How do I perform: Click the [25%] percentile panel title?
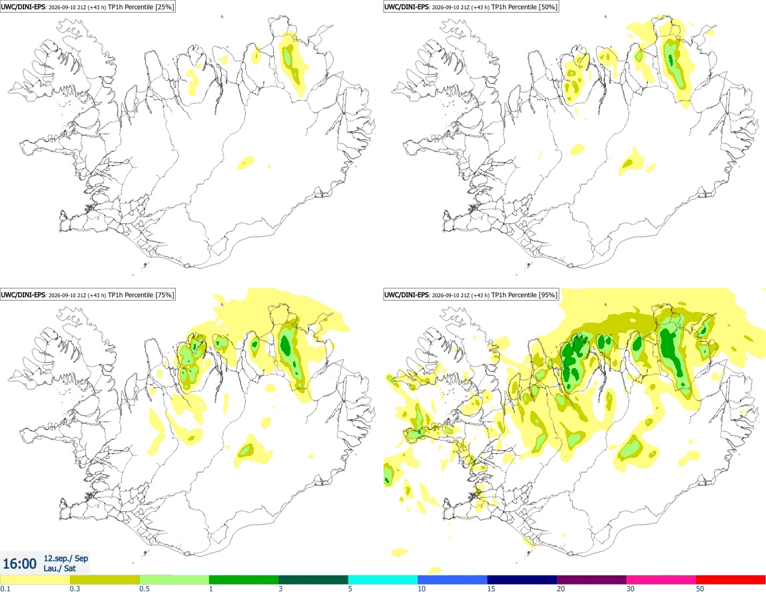[87, 7]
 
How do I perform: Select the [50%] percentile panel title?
[471, 7]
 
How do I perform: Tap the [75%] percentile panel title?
[87, 295]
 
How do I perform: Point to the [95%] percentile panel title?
[471, 295]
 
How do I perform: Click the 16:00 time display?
[19, 564]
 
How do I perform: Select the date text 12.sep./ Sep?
[66, 558]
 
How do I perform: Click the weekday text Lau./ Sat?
[59, 568]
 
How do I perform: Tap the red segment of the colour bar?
[731, 580]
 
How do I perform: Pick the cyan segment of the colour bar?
[383, 580]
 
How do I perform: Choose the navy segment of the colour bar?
[522, 580]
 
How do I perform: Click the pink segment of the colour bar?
[661, 580]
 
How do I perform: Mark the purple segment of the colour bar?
[591, 580]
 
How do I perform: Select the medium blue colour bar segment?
[452, 580]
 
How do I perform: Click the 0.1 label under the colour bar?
[5, 589]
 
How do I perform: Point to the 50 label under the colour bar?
[700, 589]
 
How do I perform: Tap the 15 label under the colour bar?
[492, 589]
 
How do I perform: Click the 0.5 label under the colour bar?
[144, 589]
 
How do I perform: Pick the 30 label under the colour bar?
[631, 589]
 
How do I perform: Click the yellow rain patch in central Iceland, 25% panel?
[246, 162]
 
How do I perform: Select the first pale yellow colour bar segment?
[35, 580]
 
